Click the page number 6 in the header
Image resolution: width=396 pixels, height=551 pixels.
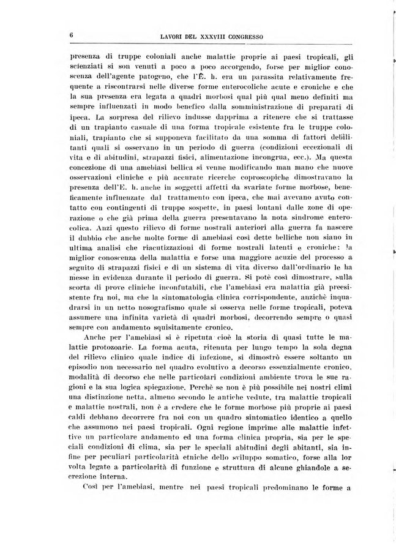72,35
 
